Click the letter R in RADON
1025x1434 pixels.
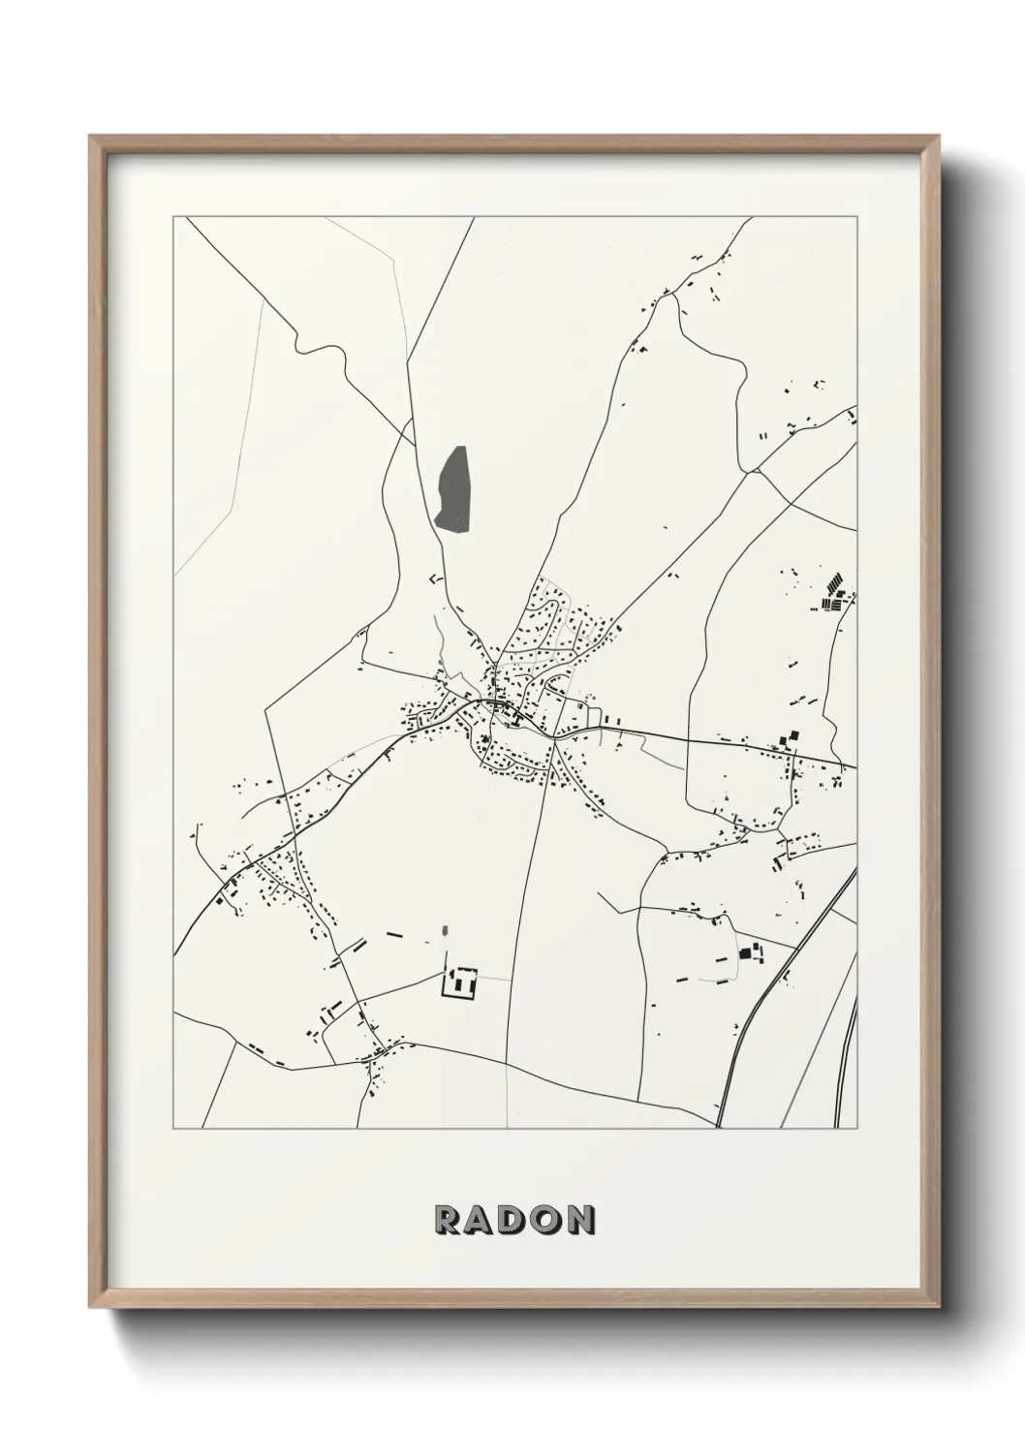coord(449,1221)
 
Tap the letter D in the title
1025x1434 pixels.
coord(513,1221)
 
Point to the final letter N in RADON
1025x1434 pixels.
coord(580,1221)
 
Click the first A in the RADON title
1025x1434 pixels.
coord(481,1221)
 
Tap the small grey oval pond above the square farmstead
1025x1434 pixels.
coord(445,932)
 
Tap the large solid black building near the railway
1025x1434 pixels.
coord(746,952)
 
